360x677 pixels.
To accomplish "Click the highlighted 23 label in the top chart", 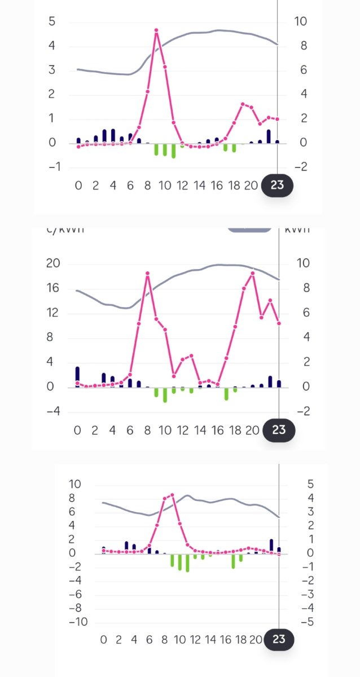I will coord(277,186).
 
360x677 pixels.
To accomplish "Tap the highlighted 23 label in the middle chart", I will coord(279,430).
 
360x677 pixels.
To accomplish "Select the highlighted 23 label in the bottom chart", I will coord(279,640).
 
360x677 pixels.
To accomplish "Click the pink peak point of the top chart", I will coord(156,30).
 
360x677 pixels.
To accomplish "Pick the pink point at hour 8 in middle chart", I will coord(147,273).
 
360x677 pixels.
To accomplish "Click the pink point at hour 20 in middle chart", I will coord(252,273).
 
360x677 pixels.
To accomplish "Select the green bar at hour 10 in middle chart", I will coord(165,394).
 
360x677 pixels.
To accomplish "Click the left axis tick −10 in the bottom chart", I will coord(78,622).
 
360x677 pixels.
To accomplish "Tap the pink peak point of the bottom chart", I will coord(172,495).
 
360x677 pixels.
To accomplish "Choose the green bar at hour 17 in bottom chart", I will coord(233,561).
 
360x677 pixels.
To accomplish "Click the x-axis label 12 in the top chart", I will coord(182,186).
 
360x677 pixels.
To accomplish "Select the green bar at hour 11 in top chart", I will coord(173,151).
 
